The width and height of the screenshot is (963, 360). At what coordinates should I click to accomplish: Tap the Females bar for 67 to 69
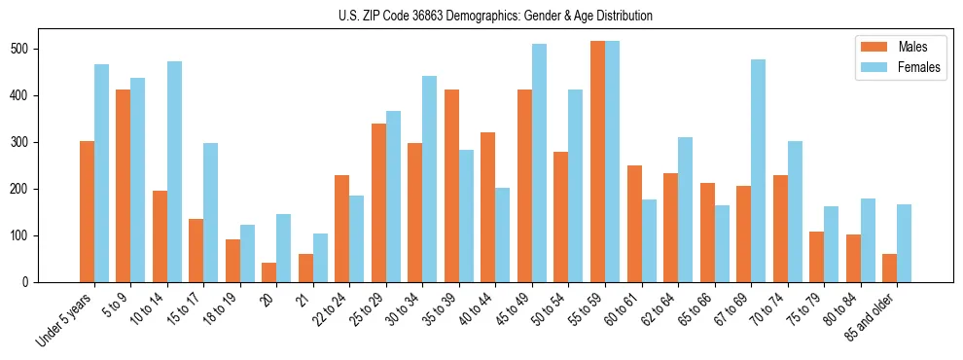tap(758, 171)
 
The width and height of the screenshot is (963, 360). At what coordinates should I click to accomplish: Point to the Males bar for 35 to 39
tap(451, 186)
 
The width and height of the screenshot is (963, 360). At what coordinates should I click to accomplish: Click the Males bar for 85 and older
tap(889, 269)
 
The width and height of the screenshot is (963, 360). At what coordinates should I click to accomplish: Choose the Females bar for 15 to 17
tap(211, 213)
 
